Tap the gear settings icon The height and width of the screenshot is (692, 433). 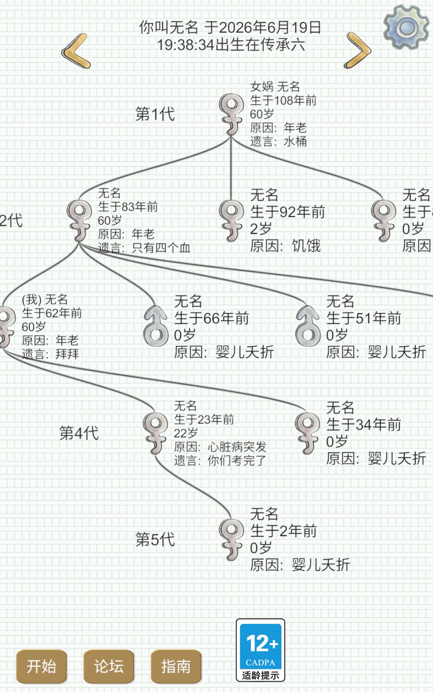406,27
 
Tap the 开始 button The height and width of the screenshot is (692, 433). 41,666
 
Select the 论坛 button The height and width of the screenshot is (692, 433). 109,666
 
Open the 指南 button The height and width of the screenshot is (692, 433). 176,666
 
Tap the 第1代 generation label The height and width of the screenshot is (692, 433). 155,114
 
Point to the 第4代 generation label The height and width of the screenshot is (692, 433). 79,433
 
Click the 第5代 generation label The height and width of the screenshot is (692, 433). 155,539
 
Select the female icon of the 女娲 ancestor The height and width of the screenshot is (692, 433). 231,114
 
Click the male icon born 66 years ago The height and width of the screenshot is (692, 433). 156,326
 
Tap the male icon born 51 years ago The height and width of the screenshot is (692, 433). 308,326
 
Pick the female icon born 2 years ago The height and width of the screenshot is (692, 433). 231,539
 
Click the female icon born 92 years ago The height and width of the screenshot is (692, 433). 231,221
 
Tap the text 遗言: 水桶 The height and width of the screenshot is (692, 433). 278,141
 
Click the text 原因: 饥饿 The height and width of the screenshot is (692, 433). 285,245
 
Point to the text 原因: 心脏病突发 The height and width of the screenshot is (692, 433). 220,447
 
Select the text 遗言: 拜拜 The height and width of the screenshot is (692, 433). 51,354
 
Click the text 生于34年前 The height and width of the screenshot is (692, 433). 364,424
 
